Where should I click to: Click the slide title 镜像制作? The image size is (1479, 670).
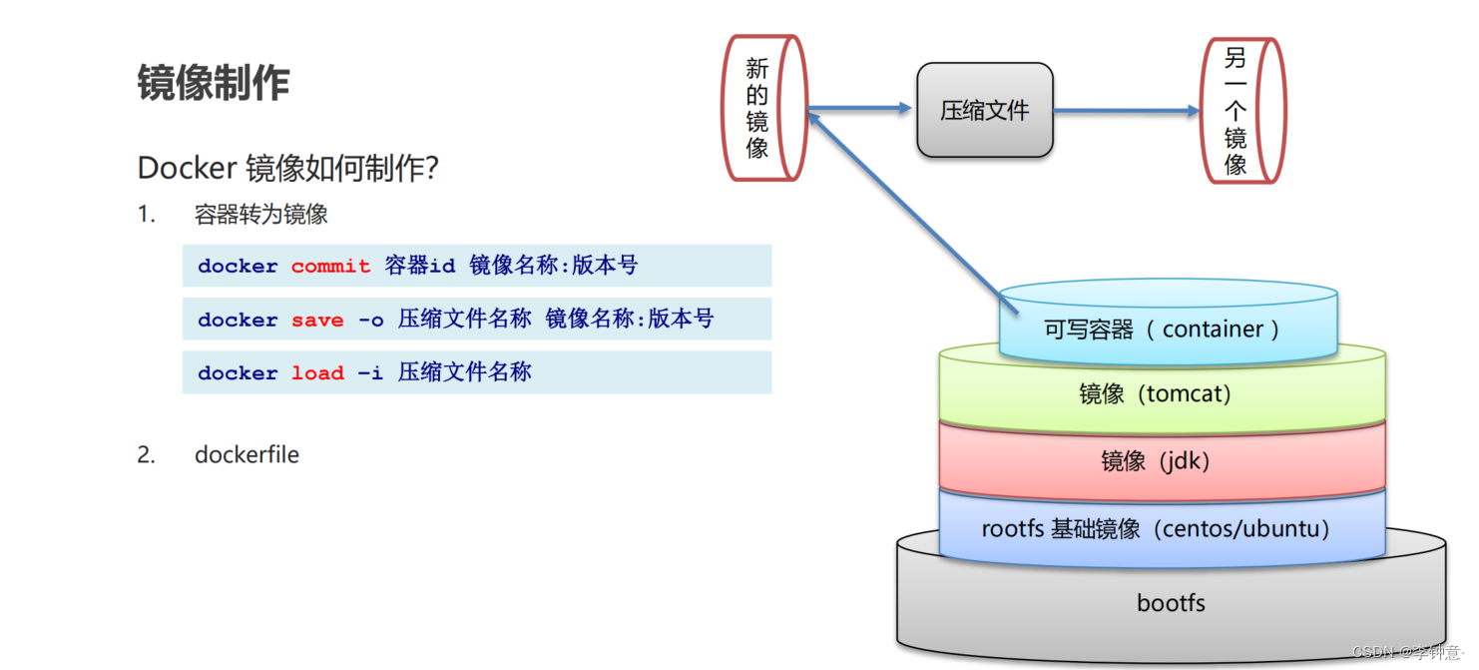pyautogui.click(x=214, y=83)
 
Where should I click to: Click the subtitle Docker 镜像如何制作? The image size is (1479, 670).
pyautogui.click(x=287, y=168)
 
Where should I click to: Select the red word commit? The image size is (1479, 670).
pyautogui.click(x=330, y=267)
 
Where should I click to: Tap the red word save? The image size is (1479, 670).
pyautogui.click(x=317, y=321)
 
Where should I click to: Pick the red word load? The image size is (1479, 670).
pyautogui.click(x=317, y=373)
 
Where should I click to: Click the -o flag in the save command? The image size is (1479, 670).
pyautogui.click(x=370, y=321)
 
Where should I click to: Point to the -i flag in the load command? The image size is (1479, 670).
pyautogui.click(x=370, y=373)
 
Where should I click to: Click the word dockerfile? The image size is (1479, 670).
pyautogui.click(x=246, y=454)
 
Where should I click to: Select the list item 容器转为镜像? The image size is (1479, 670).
pyautogui.click(x=261, y=215)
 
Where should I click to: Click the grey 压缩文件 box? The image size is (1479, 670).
pyautogui.click(x=984, y=111)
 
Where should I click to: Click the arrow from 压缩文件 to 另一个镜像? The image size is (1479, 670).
pyautogui.click(x=1126, y=112)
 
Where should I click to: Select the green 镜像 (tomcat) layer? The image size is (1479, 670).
pyautogui.click(x=1155, y=393)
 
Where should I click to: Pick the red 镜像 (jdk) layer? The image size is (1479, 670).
pyautogui.click(x=1155, y=460)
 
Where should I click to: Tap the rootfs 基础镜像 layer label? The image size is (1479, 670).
pyautogui.click(x=1155, y=528)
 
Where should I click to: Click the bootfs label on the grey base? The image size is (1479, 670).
pyautogui.click(x=1171, y=603)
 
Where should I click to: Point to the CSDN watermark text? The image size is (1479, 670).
pyautogui.click(x=1408, y=652)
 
